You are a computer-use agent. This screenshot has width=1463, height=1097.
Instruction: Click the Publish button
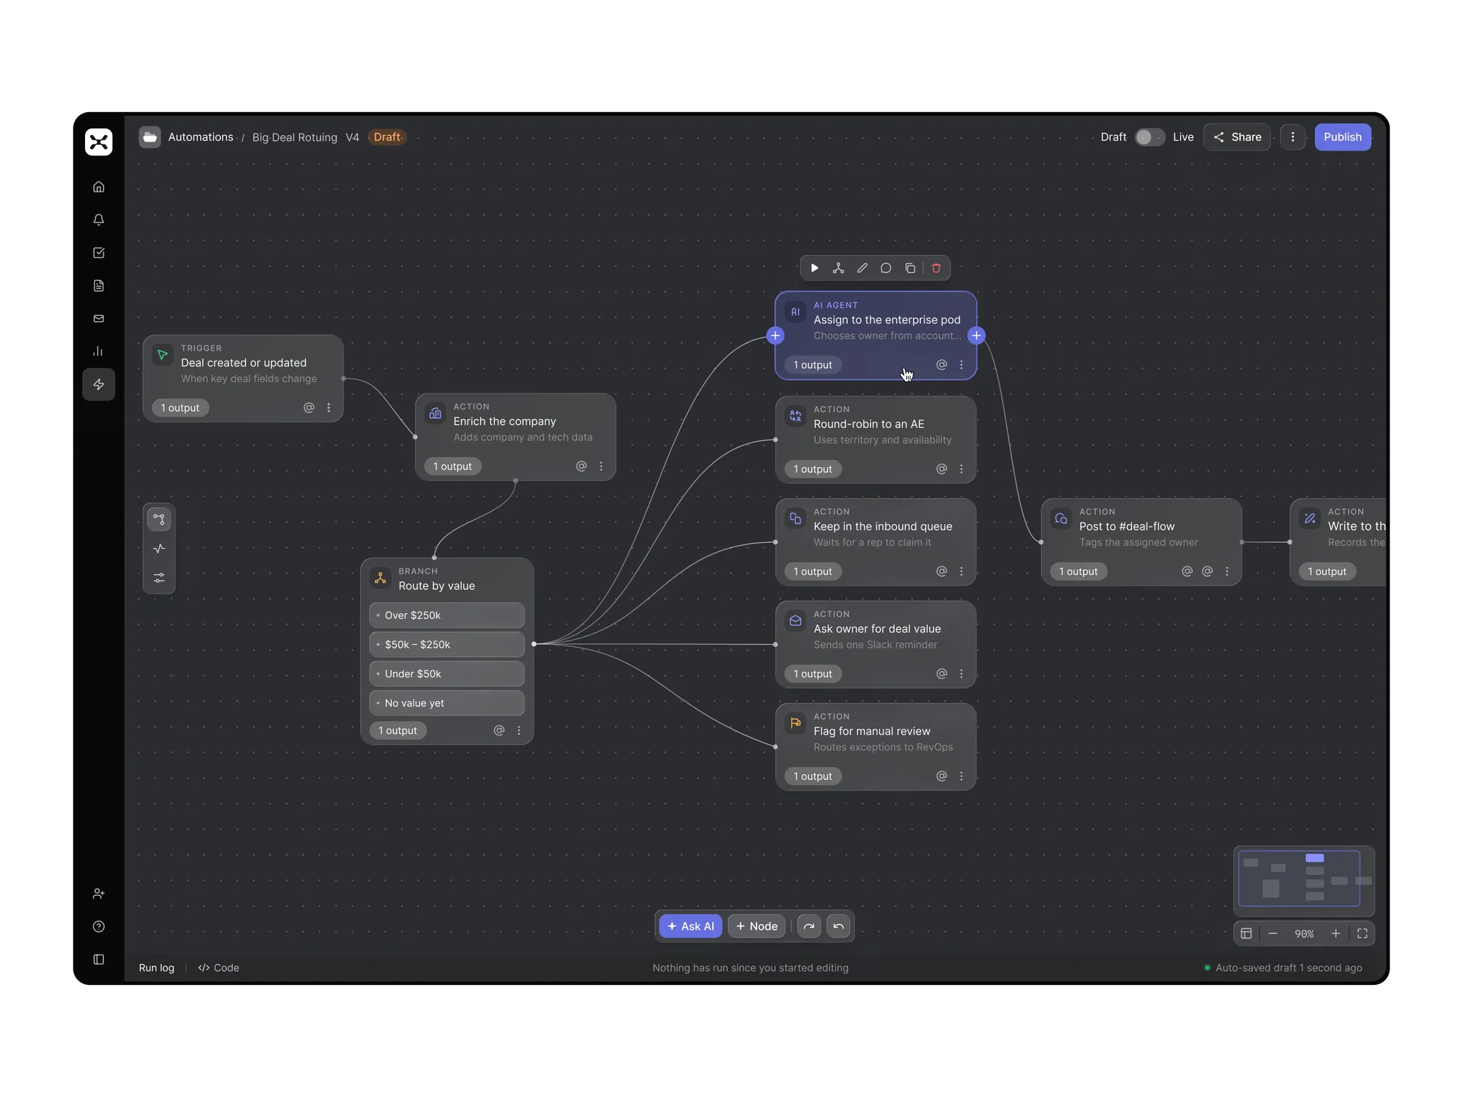(1342, 137)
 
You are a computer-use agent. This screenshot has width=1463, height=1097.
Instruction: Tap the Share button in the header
(1237, 137)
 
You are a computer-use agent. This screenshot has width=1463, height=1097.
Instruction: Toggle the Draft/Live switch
(1149, 137)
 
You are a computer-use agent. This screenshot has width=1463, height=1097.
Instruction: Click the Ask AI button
(690, 926)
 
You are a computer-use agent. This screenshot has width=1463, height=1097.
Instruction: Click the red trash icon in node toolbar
(936, 269)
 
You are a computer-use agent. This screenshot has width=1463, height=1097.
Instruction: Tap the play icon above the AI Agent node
(814, 269)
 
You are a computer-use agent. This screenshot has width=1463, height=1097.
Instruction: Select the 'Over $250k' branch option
(446, 616)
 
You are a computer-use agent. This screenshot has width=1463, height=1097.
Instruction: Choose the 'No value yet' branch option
(446, 703)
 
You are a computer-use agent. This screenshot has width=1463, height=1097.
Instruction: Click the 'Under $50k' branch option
(446, 674)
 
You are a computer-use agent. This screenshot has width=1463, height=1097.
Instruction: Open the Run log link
(156, 968)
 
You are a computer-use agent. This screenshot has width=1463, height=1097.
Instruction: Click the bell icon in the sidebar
(99, 220)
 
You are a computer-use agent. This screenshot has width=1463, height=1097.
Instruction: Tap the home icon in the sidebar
(99, 187)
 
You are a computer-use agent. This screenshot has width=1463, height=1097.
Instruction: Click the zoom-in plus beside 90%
(1335, 933)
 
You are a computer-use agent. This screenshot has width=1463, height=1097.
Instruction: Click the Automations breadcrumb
(201, 137)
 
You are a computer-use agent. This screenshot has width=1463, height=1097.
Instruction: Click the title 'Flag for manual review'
(872, 731)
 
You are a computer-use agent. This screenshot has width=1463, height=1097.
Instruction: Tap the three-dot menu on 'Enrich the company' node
(601, 466)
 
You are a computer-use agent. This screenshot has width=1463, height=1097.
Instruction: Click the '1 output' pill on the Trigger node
(180, 408)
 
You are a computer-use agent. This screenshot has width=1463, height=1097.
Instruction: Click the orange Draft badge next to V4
(387, 137)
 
